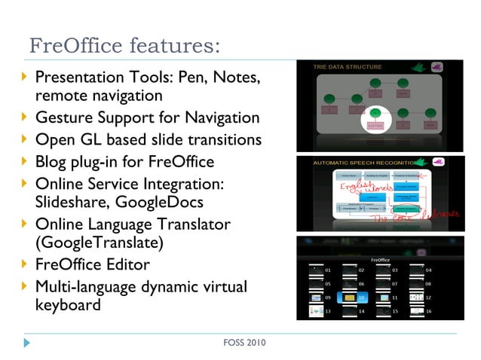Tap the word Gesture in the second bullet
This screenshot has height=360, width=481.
click(64, 118)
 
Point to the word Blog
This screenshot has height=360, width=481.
click(51, 161)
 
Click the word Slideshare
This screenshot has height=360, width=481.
click(74, 202)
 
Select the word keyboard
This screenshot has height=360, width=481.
click(68, 306)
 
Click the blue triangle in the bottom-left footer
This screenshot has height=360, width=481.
click(27, 343)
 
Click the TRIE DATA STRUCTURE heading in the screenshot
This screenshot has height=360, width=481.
click(348, 67)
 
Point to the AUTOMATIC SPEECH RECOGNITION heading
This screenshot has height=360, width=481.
click(360, 163)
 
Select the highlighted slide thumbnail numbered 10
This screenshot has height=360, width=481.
click(348, 297)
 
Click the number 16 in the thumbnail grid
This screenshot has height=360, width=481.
click(428, 311)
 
